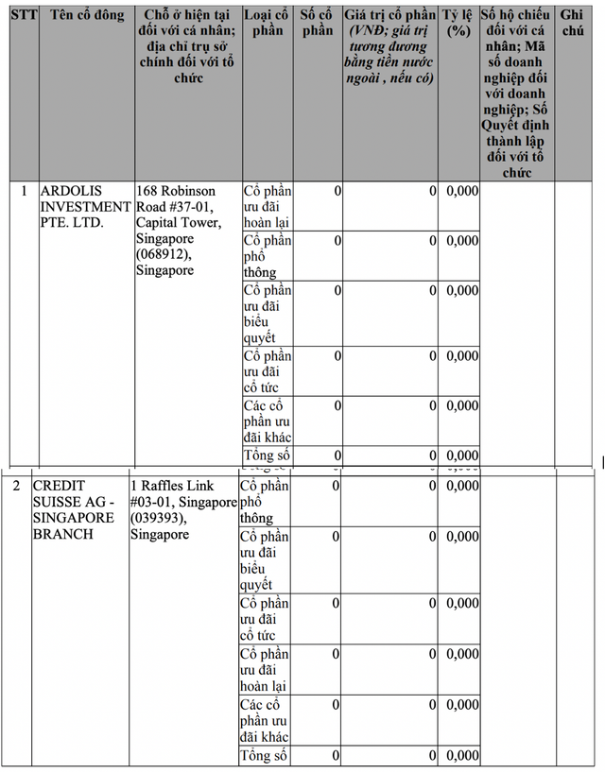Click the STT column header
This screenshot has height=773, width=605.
pos(24,16)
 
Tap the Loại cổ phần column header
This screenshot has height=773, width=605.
pos(268,24)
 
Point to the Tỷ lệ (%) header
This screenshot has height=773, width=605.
pos(458,24)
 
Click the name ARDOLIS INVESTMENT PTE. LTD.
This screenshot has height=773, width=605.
pos(84,207)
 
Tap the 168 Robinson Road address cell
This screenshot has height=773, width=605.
pos(185,231)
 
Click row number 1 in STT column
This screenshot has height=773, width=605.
pos(24,191)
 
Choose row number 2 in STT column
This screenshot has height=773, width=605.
pos(16,486)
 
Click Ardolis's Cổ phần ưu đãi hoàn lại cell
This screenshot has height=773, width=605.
pos(268,206)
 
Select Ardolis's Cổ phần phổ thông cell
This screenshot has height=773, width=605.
pos(268,256)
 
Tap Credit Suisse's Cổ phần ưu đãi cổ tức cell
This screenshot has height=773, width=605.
pos(264,619)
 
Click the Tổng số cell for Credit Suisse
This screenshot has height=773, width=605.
pos(264,755)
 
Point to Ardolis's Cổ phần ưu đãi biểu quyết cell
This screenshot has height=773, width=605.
pos(268,314)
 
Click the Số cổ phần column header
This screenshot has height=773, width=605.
pos(317,24)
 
